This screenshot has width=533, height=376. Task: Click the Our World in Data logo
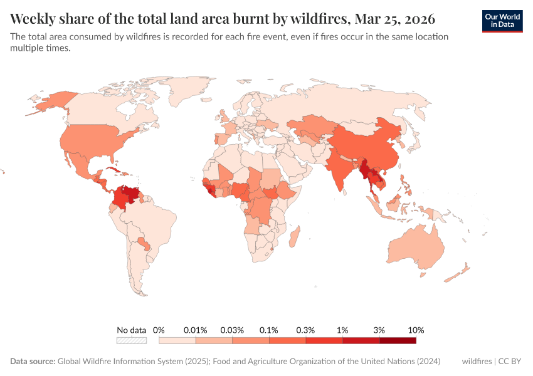pyautogui.click(x=502, y=21)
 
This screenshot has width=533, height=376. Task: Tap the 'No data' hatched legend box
pyautogui.click(x=132, y=340)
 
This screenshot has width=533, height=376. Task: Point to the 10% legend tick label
pyautogui.click(x=416, y=330)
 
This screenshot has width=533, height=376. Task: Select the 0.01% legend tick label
pyautogui.click(x=195, y=330)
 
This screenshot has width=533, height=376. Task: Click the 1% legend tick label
pyautogui.click(x=342, y=330)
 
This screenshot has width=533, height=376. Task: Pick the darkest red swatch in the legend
pyautogui.click(x=398, y=340)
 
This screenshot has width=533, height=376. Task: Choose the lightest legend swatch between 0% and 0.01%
pyautogui.click(x=177, y=340)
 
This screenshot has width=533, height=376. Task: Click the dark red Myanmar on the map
pyautogui.click(x=364, y=170)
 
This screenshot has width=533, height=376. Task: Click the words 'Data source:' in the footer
pyautogui.click(x=33, y=362)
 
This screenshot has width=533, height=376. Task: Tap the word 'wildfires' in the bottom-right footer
pyautogui.click(x=477, y=362)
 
